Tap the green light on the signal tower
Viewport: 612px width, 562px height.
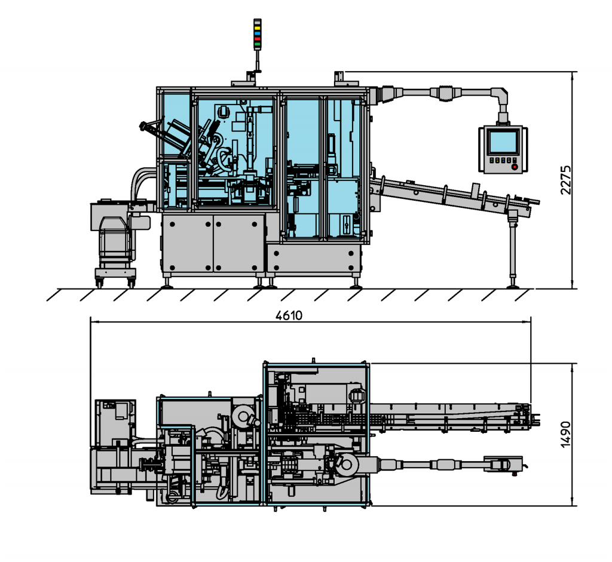[257, 44]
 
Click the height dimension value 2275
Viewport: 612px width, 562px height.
[566, 179]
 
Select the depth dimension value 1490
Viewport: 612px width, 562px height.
[566, 435]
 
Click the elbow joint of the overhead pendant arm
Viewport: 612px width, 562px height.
[500, 94]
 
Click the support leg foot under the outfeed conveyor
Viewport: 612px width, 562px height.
[512, 284]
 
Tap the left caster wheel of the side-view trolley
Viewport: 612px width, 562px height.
[99, 283]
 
